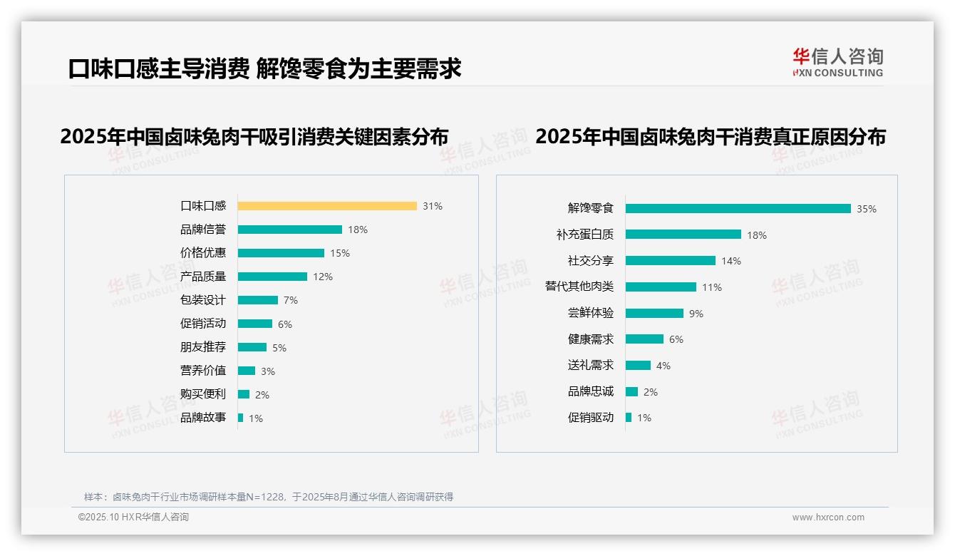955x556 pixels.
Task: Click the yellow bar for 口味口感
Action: [327, 206]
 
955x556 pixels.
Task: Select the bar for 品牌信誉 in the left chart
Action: [290, 230]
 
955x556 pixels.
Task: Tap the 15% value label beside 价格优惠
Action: [339, 253]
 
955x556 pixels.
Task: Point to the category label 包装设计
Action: [203, 300]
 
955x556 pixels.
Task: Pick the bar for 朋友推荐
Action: [252, 347]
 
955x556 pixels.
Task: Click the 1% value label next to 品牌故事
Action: [255, 418]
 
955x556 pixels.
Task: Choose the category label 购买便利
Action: [203, 394]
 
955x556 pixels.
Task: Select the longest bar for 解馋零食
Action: [738, 208]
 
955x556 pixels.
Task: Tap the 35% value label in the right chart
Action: [866, 209]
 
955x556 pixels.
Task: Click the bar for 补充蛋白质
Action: [683, 235]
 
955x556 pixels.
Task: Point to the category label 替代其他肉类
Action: [579, 287]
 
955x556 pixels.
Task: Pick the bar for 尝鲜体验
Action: [654, 313]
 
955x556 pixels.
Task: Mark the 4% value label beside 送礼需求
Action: [663, 366]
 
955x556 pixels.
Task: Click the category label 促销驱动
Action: [591, 418]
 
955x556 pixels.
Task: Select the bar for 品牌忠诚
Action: [631, 391]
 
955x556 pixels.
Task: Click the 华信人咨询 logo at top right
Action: [837, 62]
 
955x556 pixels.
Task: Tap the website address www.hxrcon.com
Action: [828, 518]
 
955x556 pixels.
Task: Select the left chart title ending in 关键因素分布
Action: [254, 136]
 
